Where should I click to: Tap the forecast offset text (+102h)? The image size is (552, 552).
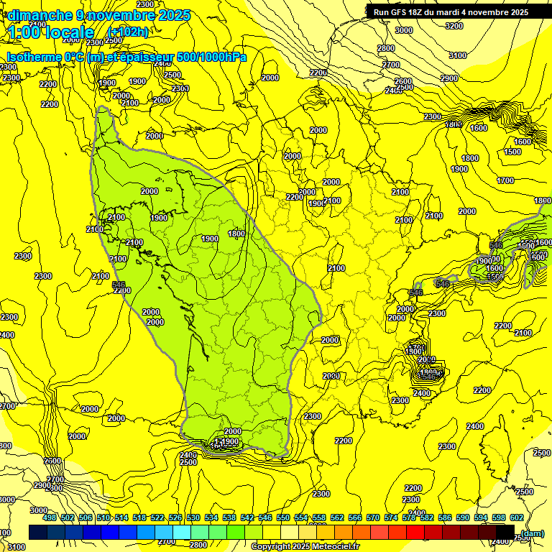127,32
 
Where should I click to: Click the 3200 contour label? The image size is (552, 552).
454,26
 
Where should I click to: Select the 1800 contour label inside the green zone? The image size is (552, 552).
236,233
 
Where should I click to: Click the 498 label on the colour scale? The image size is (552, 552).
50,517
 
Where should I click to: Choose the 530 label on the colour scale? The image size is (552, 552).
193,517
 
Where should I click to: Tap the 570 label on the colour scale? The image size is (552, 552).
373,517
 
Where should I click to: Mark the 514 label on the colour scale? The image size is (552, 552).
121,517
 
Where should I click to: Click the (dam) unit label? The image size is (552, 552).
532,533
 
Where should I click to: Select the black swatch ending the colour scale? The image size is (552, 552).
505,532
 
